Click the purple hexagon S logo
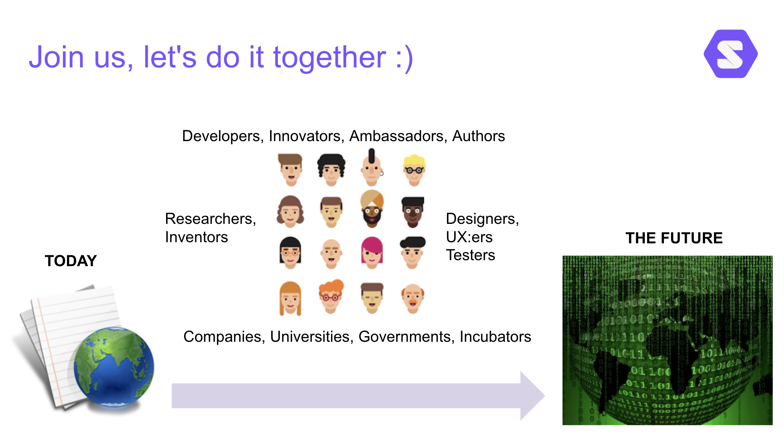click(731, 54)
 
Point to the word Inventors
click(196, 237)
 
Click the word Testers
click(471, 255)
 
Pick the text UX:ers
click(469, 237)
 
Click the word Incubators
click(495, 337)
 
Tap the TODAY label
click(71, 261)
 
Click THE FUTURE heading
click(674, 238)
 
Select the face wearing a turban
click(372, 209)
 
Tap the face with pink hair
click(372, 253)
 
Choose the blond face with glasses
click(414, 170)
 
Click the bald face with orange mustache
click(413, 298)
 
